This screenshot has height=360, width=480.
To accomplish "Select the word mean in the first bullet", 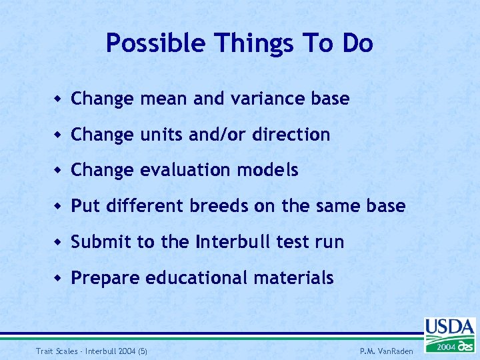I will tap(165, 99).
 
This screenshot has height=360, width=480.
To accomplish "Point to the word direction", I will tap(291, 135).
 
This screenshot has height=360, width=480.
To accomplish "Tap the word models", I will tap(273, 170).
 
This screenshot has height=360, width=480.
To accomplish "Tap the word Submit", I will tap(101, 241).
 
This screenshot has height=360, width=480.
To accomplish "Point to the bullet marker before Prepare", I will tap(59, 278).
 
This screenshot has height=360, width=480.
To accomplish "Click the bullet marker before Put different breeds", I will tap(59, 207).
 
